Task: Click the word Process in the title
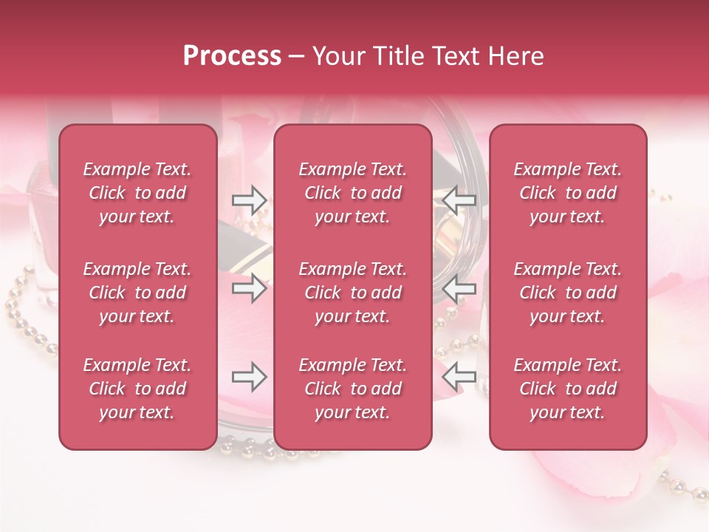pos(232,56)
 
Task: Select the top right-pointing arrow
pos(249,199)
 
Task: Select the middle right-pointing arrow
pos(249,288)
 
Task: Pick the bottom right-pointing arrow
pos(249,377)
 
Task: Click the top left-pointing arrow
pos(459,199)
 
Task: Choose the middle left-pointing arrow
pos(459,288)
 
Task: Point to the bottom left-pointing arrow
pos(459,377)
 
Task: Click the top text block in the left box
pos(137,193)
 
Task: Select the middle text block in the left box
pos(137,293)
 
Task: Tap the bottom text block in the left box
pos(137,389)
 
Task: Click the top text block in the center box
pos(353,193)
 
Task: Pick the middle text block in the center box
pos(353,293)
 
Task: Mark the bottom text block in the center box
pos(353,389)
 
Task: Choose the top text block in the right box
pos(568,193)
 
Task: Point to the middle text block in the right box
pos(568,293)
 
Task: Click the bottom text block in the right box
pos(568,389)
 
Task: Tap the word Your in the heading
pos(335,56)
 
